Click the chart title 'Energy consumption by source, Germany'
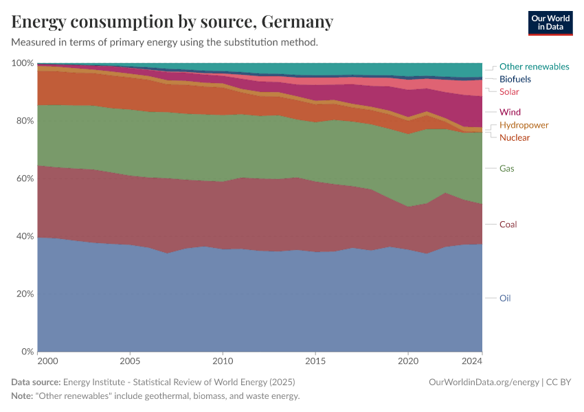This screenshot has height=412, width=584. pos(172,22)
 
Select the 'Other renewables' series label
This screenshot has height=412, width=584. pos(534,67)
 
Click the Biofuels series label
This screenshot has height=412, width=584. pos(515,79)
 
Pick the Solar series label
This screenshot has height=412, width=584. pos(509,91)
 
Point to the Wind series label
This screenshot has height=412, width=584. pos(510,112)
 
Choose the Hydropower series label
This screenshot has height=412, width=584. pos(524,125)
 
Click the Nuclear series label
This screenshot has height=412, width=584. pos(515,137)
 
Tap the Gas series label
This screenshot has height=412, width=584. pos(506,168)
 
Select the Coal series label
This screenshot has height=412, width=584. pos(508,224)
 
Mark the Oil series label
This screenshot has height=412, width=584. pos(505,298)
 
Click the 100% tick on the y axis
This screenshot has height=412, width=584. pos(23,63)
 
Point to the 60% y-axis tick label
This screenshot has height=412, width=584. pos(24,179)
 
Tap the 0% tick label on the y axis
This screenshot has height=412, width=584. pos(27,352)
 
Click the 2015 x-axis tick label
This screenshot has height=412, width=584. pos(315,360)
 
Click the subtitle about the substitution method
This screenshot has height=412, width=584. pos(165,42)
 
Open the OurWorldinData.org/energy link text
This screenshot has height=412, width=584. pos(483,382)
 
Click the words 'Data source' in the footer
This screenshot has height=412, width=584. pos(36,382)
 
